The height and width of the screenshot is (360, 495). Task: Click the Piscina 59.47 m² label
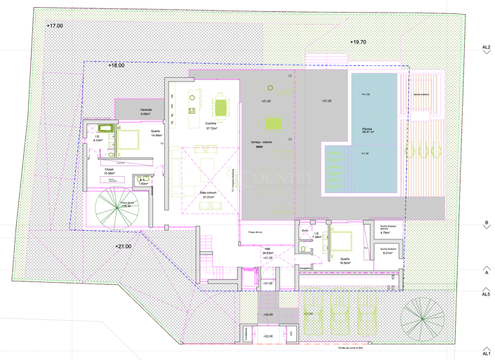pos(367,130)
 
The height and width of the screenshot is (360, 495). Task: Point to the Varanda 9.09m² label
pos(146,112)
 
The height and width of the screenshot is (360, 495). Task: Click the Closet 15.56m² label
pos(109,171)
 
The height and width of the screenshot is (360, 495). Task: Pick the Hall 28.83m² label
pos(267,252)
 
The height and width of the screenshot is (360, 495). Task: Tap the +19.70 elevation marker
pos(358,42)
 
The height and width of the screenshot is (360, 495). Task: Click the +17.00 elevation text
pos(54,25)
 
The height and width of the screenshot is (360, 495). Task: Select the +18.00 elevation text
pos(116,65)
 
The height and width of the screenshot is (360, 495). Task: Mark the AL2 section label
pos(486,48)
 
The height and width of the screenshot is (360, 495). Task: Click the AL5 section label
pos(486,295)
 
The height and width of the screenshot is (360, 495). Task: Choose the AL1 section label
pos(486,352)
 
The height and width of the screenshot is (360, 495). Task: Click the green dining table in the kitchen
pos(221,107)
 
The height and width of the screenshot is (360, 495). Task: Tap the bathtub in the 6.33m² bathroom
pos(105,128)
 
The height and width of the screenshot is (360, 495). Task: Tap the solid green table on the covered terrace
pos(273,124)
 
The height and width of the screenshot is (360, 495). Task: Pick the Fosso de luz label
pos(255,232)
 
